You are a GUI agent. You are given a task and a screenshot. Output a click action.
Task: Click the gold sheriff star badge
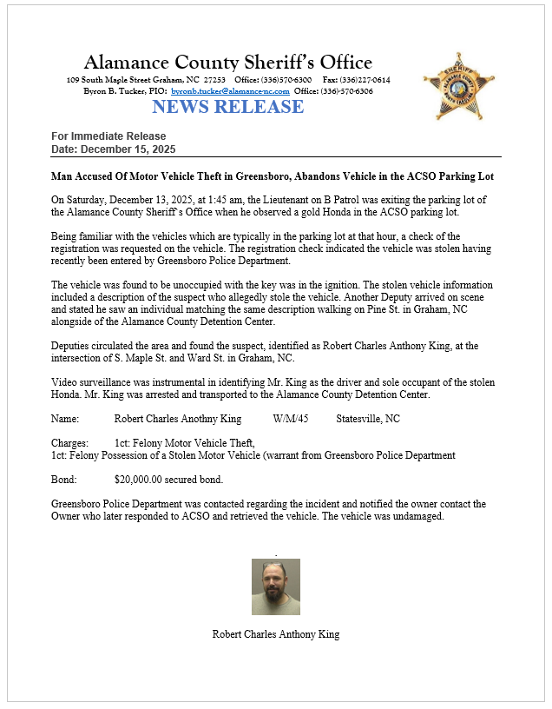pyautogui.click(x=458, y=85)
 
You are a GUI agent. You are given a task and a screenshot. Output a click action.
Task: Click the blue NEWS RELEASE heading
pyautogui.click(x=227, y=107)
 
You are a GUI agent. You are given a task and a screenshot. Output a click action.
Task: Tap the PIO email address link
pyautogui.click(x=230, y=91)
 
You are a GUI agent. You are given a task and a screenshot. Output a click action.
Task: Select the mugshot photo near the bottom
pyautogui.click(x=276, y=586)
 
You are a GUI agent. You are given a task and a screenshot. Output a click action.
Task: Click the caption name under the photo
pyautogui.click(x=276, y=634)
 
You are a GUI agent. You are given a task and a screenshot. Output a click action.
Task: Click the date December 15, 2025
pyautogui.click(x=126, y=149)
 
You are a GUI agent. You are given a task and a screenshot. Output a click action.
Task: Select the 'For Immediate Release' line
pyautogui.click(x=108, y=136)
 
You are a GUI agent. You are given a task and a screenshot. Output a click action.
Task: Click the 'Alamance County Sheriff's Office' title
pyautogui.click(x=227, y=63)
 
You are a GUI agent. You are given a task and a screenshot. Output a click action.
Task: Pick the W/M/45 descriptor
pyautogui.click(x=290, y=418)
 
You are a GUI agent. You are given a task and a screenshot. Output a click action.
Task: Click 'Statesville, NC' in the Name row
pyautogui.click(x=368, y=418)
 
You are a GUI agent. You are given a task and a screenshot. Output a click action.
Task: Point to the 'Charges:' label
pyautogui.click(x=69, y=443)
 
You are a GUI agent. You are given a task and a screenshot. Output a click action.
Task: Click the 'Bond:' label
pyautogui.click(x=65, y=479)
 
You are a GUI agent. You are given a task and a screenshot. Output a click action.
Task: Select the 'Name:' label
pyautogui.click(x=65, y=418)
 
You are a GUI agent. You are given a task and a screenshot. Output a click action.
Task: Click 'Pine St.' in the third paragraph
pyautogui.click(x=321, y=308)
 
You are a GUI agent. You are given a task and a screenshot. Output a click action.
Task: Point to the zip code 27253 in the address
pyautogui.click(x=215, y=80)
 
